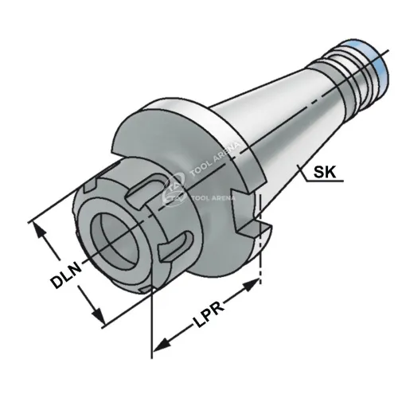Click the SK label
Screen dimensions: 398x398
click(325, 172)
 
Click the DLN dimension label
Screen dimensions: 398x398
click(67, 275)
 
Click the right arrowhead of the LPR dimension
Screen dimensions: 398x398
click(251, 284)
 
